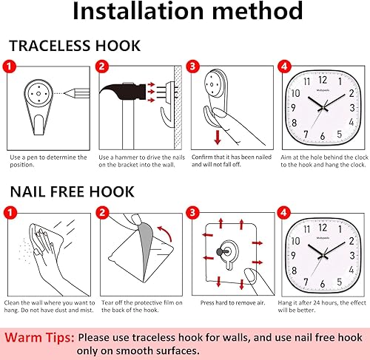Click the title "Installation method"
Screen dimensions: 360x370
tap(187, 13)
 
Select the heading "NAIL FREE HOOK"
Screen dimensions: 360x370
tap(72, 192)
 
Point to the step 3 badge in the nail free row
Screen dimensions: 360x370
tap(192, 212)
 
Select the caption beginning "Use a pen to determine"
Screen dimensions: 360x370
tap(47, 161)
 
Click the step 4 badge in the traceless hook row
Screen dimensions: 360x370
tap(285, 66)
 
